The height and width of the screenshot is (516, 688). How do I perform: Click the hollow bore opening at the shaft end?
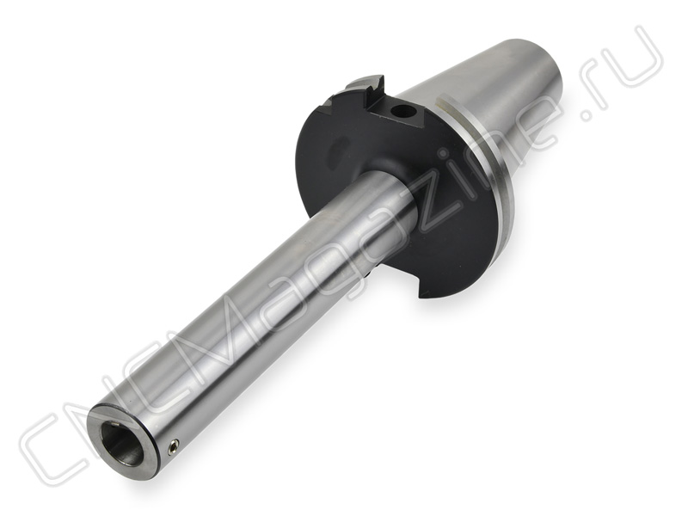(122, 442)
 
